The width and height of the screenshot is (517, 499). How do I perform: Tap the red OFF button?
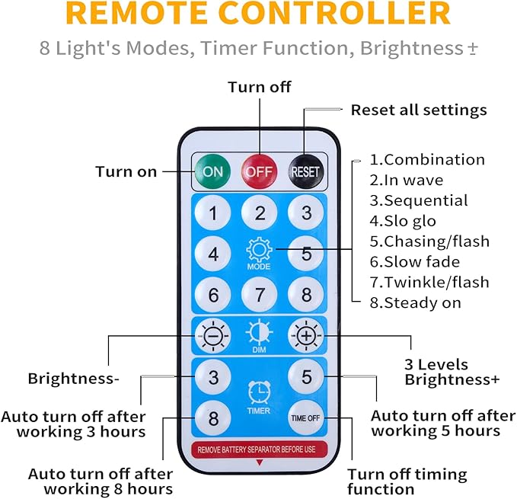(260, 171)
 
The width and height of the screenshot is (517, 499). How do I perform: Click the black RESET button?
(305, 171)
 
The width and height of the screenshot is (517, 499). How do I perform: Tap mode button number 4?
(214, 254)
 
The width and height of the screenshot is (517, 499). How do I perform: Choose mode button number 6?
(214, 294)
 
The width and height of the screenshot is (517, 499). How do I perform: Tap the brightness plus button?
(305, 334)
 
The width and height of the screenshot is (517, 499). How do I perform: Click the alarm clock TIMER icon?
(259, 392)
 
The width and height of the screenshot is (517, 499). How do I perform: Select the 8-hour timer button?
(214, 417)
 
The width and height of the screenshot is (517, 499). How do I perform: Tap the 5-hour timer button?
(305, 377)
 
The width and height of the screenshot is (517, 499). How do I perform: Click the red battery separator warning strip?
(260, 449)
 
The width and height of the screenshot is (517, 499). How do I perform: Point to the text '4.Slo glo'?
(404, 221)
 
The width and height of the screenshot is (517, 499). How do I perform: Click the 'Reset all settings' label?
(418, 110)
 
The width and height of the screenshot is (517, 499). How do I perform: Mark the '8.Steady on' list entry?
(416, 302)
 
